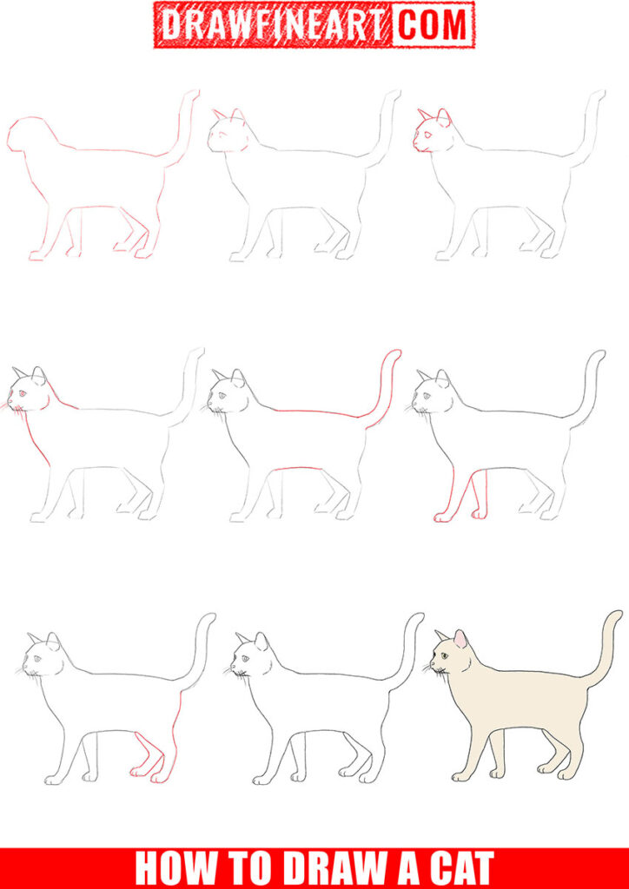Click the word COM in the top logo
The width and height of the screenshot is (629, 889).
pos(433,25)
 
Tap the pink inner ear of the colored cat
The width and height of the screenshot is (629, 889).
pos(460,640)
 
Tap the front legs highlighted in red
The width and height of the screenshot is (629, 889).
pos(460,499)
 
